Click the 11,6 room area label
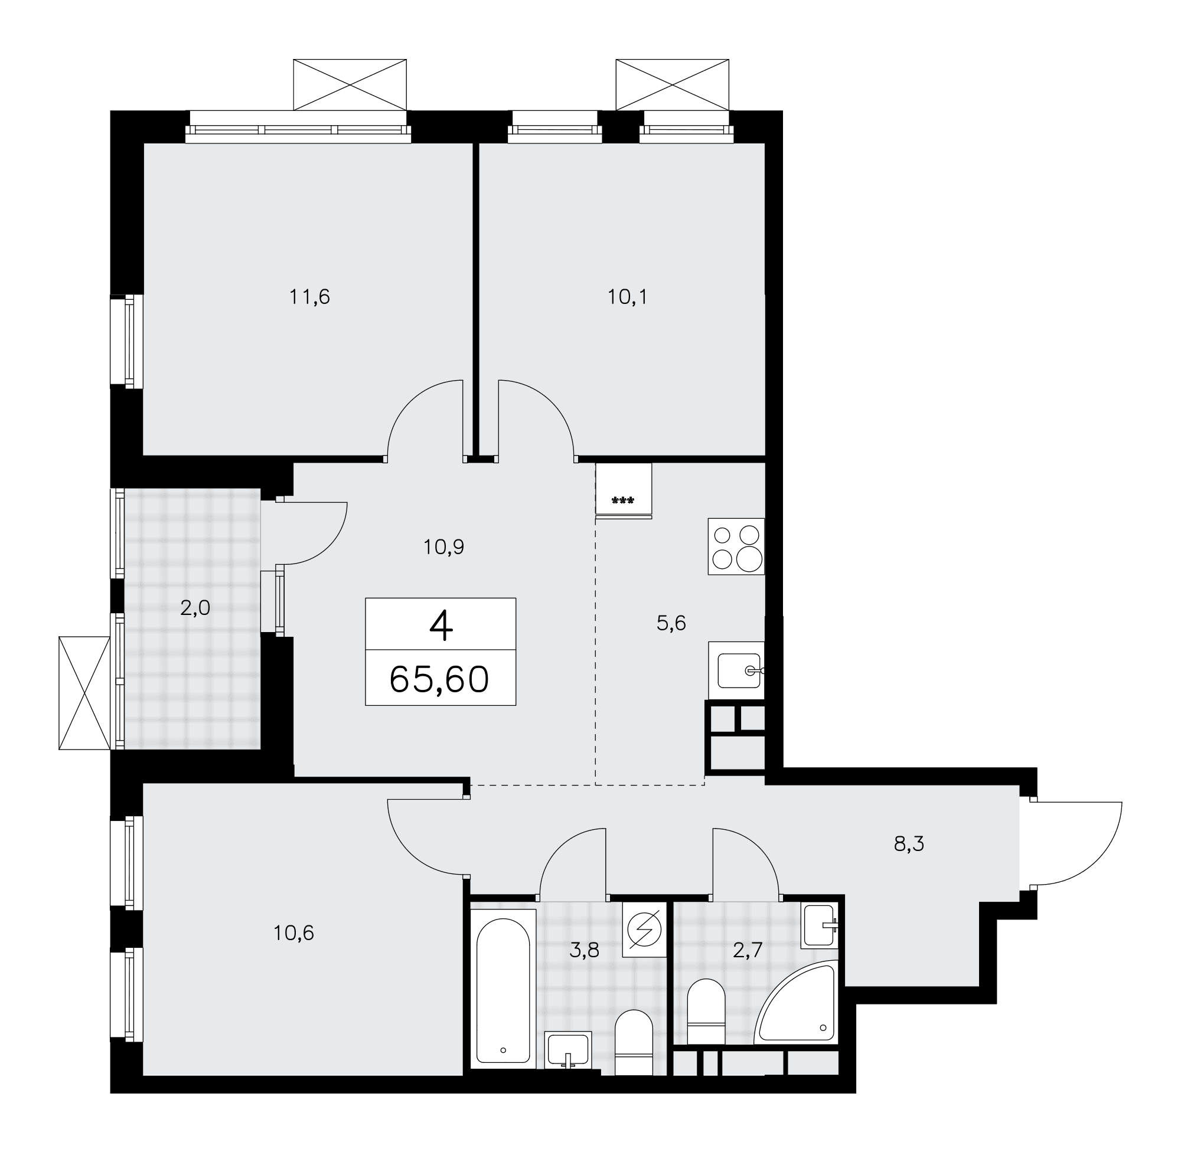click(x=309, y=297)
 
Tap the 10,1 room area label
click(x=627, y=297)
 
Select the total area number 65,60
click(x=439, y=679)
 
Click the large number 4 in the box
click(x=441, y=626)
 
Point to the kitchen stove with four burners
click(x=736, y=546)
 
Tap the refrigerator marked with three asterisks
click(x=624, y=490)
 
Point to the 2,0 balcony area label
click(x=195, y=608)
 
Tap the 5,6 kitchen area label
click(x=671, y=623)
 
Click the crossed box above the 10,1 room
click(x=672, y=85)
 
